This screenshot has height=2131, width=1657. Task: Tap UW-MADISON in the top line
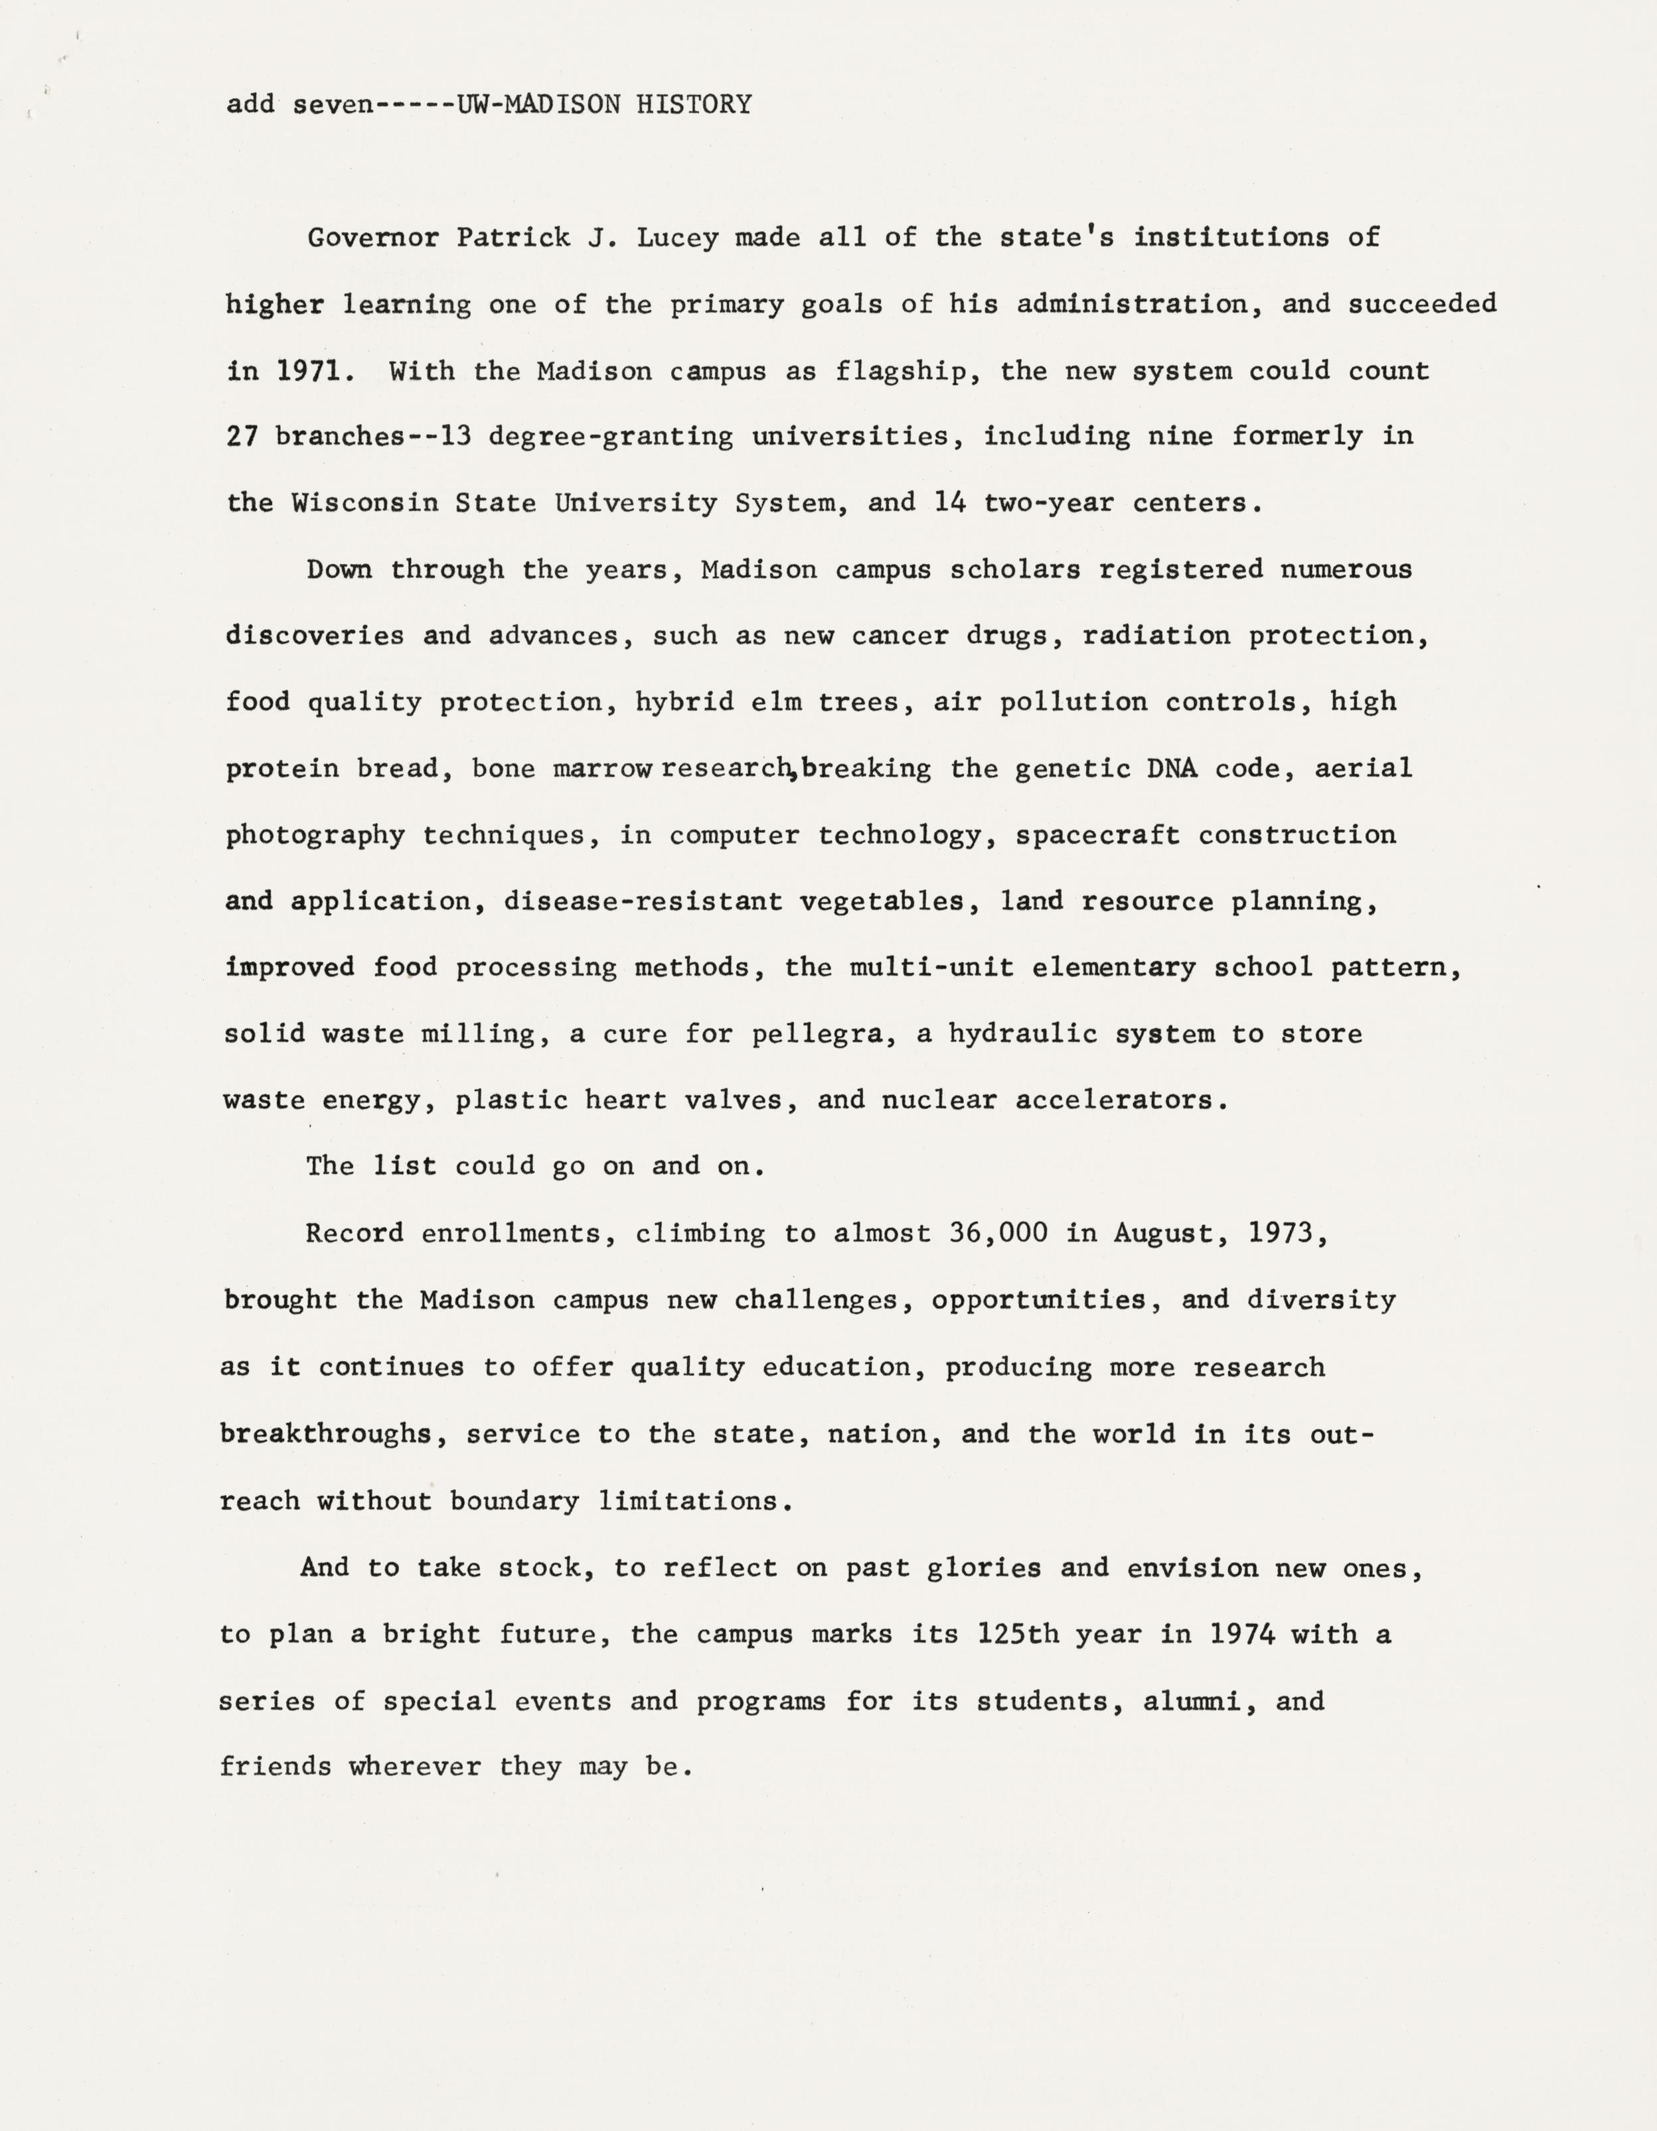538,104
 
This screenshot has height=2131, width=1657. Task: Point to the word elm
776,701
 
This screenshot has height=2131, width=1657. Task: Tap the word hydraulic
1023,1034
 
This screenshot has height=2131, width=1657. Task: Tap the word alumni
1198,1701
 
